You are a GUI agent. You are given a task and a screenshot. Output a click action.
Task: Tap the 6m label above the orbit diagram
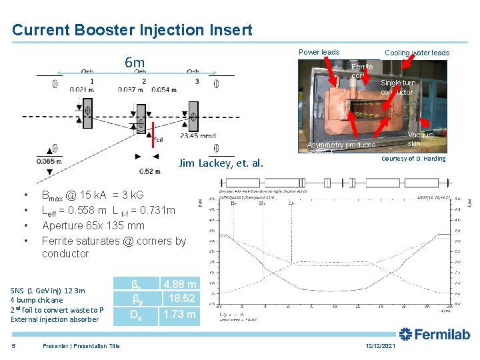[x=135, y=64]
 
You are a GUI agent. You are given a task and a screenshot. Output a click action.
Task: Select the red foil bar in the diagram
[x=153, y=133]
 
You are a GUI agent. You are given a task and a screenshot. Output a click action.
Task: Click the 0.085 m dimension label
[x=50, y=161]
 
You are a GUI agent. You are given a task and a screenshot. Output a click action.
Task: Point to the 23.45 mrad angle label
[x=198, y=135]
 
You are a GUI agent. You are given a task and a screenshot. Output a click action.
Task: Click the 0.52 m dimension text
[x=150, y=171]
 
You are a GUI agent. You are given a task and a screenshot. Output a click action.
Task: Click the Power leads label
[x=319, y=52]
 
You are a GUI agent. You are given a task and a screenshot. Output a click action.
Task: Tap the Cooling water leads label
[x=417, y=53]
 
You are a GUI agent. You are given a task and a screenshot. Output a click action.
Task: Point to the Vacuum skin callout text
[x=420, y=139]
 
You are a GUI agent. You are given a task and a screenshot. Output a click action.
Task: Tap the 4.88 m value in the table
[x=179, y=285]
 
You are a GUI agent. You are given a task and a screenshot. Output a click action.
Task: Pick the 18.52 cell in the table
[x=181, y=299]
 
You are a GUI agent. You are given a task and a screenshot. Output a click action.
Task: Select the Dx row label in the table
[x=134, y=314]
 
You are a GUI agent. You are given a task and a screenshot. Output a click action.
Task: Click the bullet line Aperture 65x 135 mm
[x=93, y=225]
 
